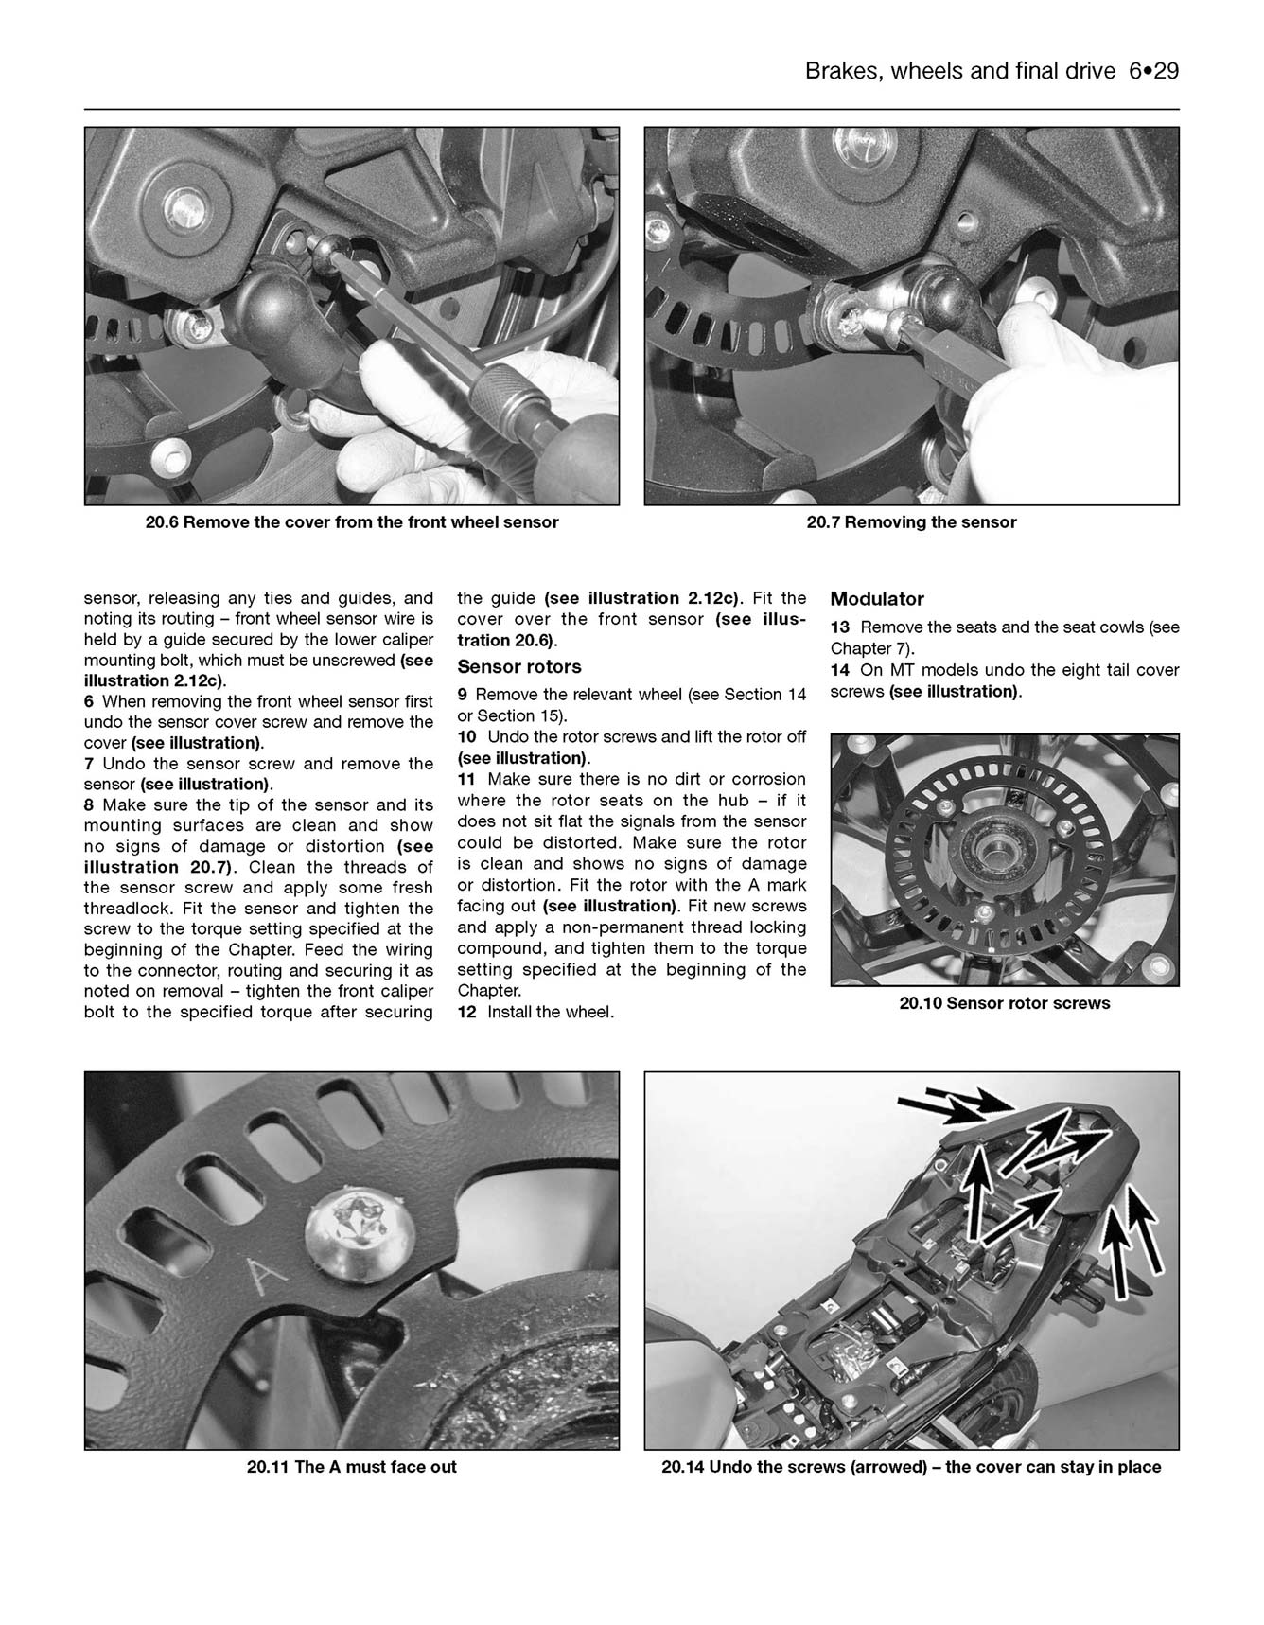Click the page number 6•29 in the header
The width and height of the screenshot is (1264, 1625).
[1153, 71]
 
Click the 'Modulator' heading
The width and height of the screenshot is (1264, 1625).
[876, 599]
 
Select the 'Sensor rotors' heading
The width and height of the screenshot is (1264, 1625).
[518, 667]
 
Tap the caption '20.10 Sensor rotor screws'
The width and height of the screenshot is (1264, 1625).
[1004, 1003]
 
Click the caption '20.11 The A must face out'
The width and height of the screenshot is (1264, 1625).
[351, 1467]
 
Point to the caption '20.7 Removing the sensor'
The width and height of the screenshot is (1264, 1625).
[910, 522]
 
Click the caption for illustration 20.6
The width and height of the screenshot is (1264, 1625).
[351, 522]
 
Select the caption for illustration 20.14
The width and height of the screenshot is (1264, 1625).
[910, 1467]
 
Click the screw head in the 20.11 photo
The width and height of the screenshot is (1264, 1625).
[359, 1230]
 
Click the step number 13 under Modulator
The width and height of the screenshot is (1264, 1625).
[839, 627]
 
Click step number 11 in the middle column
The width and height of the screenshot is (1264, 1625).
[466, 779]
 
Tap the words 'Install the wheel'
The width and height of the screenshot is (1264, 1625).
[551, 1013]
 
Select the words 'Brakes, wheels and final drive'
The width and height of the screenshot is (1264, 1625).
[959, 71]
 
